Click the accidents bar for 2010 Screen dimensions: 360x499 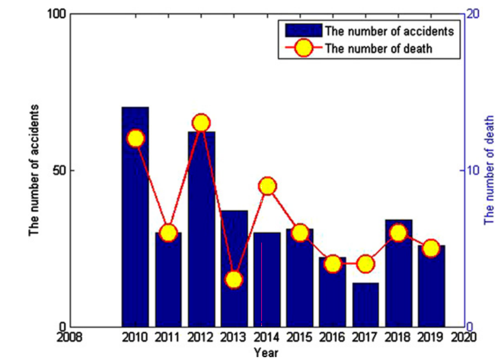[x=135, y=225]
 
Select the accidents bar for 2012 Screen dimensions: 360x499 [x=202, y=237]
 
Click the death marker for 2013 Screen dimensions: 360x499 [x=234, y=279]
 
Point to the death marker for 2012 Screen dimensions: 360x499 [x=202, y=123]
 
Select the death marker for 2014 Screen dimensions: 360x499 [x=268, y=186]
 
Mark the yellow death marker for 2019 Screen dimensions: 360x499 [x=431, y=248]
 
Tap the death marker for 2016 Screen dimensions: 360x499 [x=333, y=264]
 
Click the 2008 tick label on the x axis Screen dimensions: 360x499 [x=70, y=338]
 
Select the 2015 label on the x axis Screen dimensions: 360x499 [x=300, y=338]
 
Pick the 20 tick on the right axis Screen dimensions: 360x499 [x=474, y=14]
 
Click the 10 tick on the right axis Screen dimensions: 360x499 [x=474, y=171]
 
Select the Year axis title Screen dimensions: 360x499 [x=265, y=353]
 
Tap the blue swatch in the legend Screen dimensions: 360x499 [x=303, y=31]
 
